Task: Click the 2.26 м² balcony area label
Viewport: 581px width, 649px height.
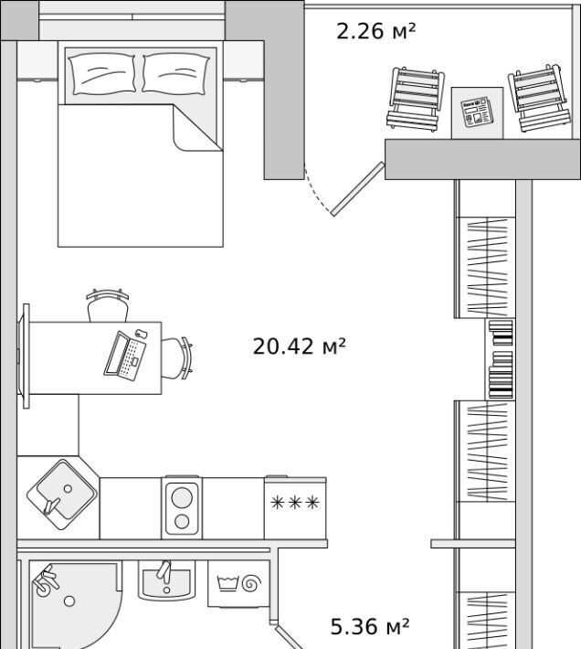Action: coord(375,31)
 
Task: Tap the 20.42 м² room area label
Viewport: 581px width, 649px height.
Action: coord(299,346)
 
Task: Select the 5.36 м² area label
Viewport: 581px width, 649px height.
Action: coord(370,627)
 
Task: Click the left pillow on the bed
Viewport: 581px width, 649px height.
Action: coord(102,74)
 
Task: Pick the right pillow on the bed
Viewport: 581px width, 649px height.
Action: coord(175,73)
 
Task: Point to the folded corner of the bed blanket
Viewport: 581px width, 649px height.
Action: coord(197,128)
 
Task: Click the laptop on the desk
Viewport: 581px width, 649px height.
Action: coord(125,356)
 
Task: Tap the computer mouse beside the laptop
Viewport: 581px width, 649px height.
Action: coord(142,334)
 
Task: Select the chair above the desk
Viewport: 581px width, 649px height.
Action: coord(107,305)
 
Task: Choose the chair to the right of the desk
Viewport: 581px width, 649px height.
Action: coord(176,358)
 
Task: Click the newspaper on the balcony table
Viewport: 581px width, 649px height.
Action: coord(476,112)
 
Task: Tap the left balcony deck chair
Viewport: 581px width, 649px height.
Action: coord(416,98)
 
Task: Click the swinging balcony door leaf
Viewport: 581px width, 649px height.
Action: coord(358,188)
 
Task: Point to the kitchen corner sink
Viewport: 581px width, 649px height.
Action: coord(62,495)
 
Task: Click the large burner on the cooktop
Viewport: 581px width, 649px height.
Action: coord(182,496)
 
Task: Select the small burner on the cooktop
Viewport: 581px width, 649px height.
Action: coord(182,522)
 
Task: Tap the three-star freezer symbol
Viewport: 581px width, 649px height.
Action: coord(295,503)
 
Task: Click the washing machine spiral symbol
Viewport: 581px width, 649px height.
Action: coord(251,583)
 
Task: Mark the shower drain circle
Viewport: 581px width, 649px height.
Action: coord(69,601)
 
